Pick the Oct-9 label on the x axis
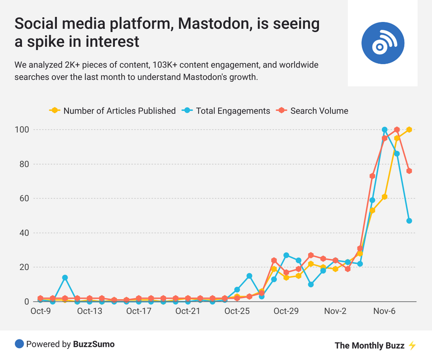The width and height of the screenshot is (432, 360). click(41, 311)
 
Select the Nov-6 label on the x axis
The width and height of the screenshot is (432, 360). click(385, 311)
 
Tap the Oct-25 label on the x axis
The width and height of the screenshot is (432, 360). click(237, 311)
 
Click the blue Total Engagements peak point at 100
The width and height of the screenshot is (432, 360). click(385, 130)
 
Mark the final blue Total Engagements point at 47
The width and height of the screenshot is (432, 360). click(409, 221)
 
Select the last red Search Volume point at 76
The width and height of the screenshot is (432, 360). click(409, 171)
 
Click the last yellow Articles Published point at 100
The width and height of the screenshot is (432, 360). click(409, 130)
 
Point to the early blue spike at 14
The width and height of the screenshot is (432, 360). click(65, 278)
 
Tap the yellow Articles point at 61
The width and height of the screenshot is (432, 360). click(385, 197)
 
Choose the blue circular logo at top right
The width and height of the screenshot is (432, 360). click(383, 43)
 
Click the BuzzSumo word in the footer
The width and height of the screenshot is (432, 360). click(94, 344)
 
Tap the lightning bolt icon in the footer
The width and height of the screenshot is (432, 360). click(412, 346)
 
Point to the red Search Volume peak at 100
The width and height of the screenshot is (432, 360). click(397, 130)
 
